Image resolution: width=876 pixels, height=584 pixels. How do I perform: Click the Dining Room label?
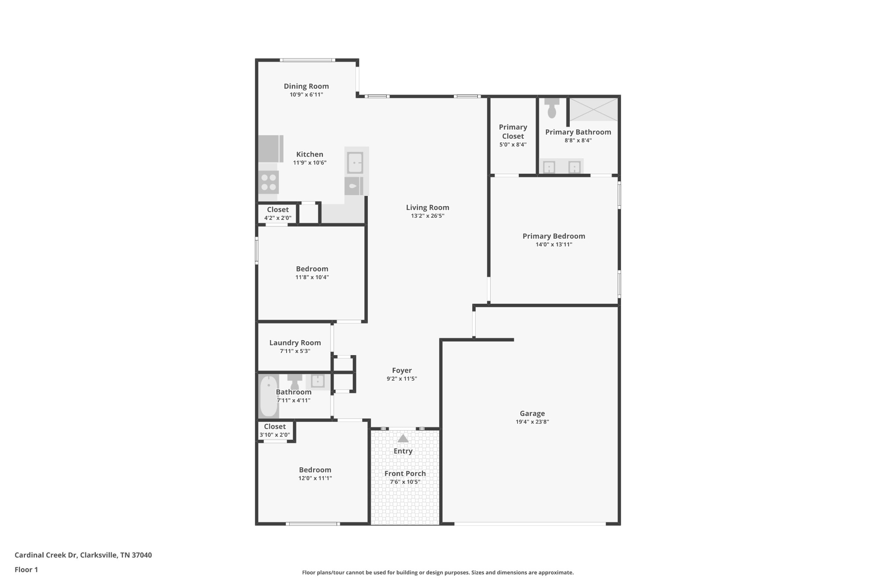pos(306,86)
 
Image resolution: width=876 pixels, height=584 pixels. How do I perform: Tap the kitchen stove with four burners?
pos(269,182)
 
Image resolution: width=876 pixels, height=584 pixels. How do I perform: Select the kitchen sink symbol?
pos(355,163)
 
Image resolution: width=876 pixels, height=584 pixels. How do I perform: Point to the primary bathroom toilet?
pos(552,108)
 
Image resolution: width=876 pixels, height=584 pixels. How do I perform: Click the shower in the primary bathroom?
pos(593,110)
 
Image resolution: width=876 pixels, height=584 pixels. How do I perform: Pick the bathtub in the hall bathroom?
pos(269,396)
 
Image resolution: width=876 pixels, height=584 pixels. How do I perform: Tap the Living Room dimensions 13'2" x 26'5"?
pos(428,216)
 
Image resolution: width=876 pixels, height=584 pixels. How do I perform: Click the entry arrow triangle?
pos(403,439)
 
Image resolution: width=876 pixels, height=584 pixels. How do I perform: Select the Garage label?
pos(532,413)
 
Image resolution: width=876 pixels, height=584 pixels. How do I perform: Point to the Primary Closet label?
pos(513,132)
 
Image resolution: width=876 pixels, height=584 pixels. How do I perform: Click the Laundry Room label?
pos(295,343)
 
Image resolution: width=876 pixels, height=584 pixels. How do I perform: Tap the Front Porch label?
pos(405,474)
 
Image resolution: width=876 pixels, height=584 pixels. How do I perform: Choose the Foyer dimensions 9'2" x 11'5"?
pos(402,379)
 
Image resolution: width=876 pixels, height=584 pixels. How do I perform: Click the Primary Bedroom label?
pos(554,236)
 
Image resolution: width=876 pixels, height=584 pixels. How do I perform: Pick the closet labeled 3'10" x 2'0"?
pos(275,430)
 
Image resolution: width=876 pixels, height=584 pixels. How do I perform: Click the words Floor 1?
pos(27,569)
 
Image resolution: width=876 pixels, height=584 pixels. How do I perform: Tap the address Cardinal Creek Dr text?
pos(46,555)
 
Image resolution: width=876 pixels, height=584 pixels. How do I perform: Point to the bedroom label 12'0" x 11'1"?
pos(315,478)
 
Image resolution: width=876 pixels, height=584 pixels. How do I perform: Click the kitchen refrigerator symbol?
pos(271,149)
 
